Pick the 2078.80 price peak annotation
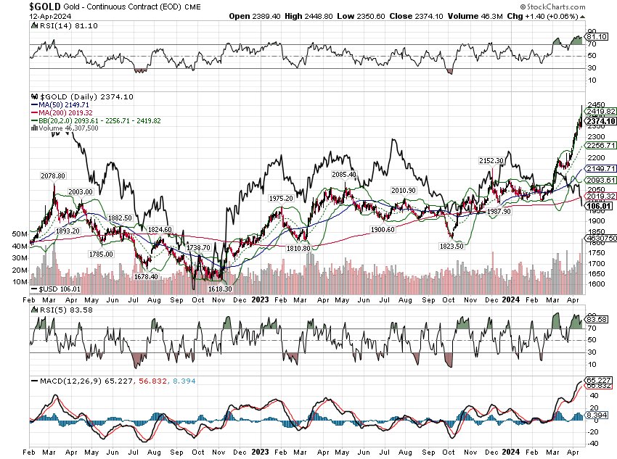(52, 175)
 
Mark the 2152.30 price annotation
(491, 160)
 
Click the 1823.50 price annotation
(451, 246)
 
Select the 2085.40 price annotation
(343, 174)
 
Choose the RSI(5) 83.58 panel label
(62, 309)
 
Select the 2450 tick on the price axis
(597, 104)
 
